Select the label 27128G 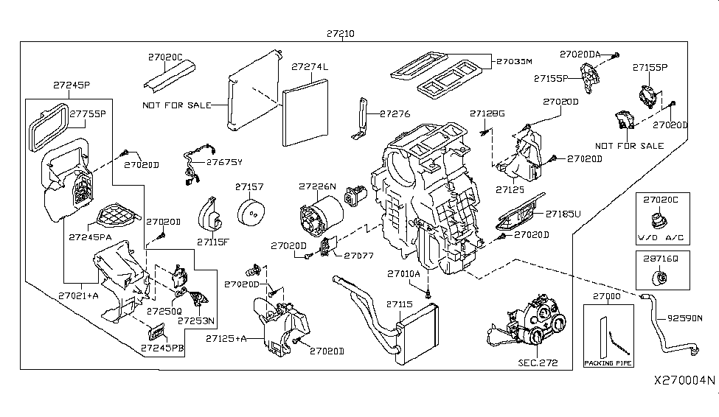(x=487, y=113)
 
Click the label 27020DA (x=580, y=54)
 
